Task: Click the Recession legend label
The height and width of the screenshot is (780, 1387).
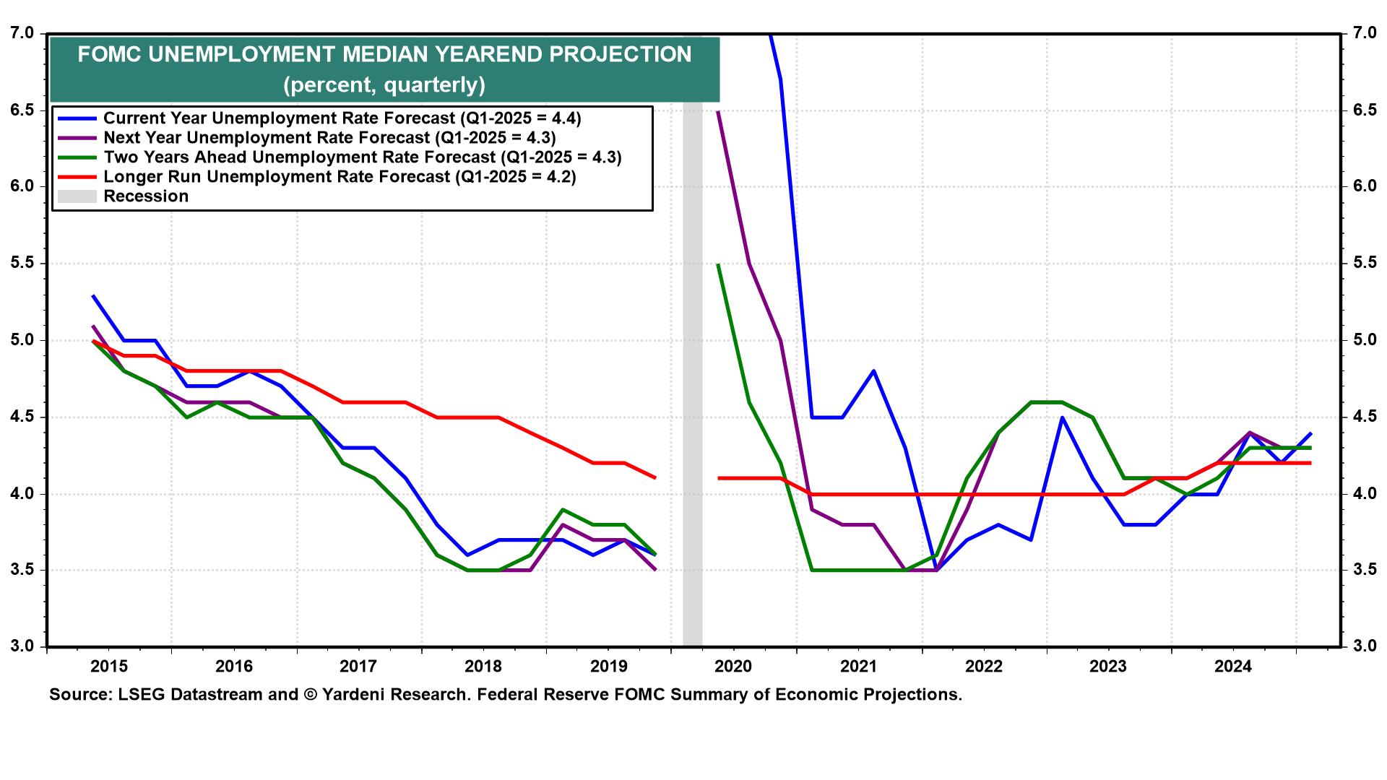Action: coord(146,196)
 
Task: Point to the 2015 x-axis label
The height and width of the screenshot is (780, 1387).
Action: coord(108,666)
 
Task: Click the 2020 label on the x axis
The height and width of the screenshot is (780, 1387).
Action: coord(733,666)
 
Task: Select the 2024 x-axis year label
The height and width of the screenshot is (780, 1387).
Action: coord(1232,666)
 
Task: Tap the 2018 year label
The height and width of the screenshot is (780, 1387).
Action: coord(483,666)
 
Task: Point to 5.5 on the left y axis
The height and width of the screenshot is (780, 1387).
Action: coord(23,263)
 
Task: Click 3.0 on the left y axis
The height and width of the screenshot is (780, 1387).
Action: coord(23,646)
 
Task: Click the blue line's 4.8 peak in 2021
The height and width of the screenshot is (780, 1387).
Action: coord(873,371)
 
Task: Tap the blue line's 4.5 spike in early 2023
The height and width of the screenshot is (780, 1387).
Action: coord(1061,417)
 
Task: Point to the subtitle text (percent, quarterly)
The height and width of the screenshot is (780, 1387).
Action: coord(384,85)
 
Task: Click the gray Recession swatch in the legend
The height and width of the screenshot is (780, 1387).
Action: coord(77,196)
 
